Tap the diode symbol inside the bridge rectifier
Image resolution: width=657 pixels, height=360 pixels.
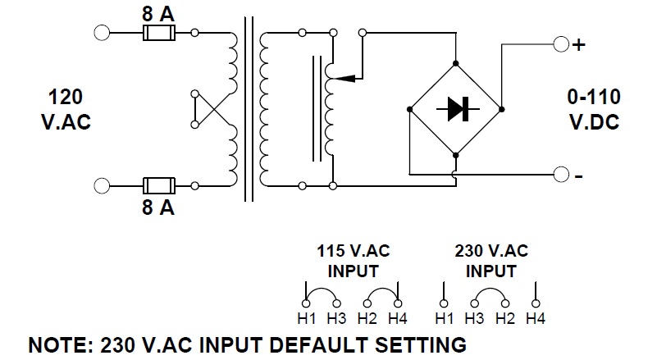(455, 109)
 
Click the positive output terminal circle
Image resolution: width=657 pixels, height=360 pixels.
(561, 44)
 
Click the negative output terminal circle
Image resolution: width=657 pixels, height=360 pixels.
(561, 174)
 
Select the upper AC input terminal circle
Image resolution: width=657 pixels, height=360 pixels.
(103, 34)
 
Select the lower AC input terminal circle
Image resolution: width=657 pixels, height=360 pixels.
(103, 185)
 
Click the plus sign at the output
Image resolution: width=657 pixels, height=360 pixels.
(579, 44)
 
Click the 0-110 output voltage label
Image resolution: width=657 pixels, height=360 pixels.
(595, 98)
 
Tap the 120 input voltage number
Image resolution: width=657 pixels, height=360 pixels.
(65, 98)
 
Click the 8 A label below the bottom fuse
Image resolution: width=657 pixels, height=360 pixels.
(157, 207)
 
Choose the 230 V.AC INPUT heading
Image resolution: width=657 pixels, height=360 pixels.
(491, 261)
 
